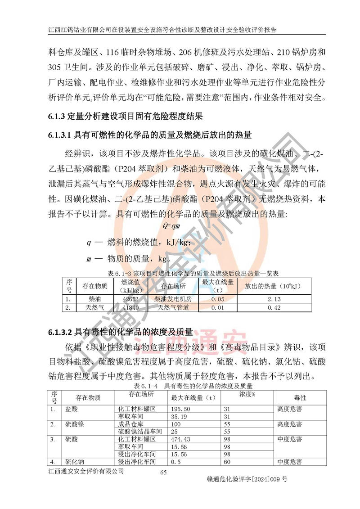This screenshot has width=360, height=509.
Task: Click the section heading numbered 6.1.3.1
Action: [x=150, y=135]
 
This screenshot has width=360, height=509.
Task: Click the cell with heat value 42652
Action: [x=130, y=299]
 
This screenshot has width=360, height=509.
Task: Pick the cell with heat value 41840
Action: [x=130, y=308]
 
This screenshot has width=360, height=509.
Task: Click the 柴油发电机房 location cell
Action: [x=173, y=299]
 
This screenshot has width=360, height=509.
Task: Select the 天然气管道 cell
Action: [x=173, y=308]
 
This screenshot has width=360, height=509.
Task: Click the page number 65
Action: [x=163, y=472]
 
